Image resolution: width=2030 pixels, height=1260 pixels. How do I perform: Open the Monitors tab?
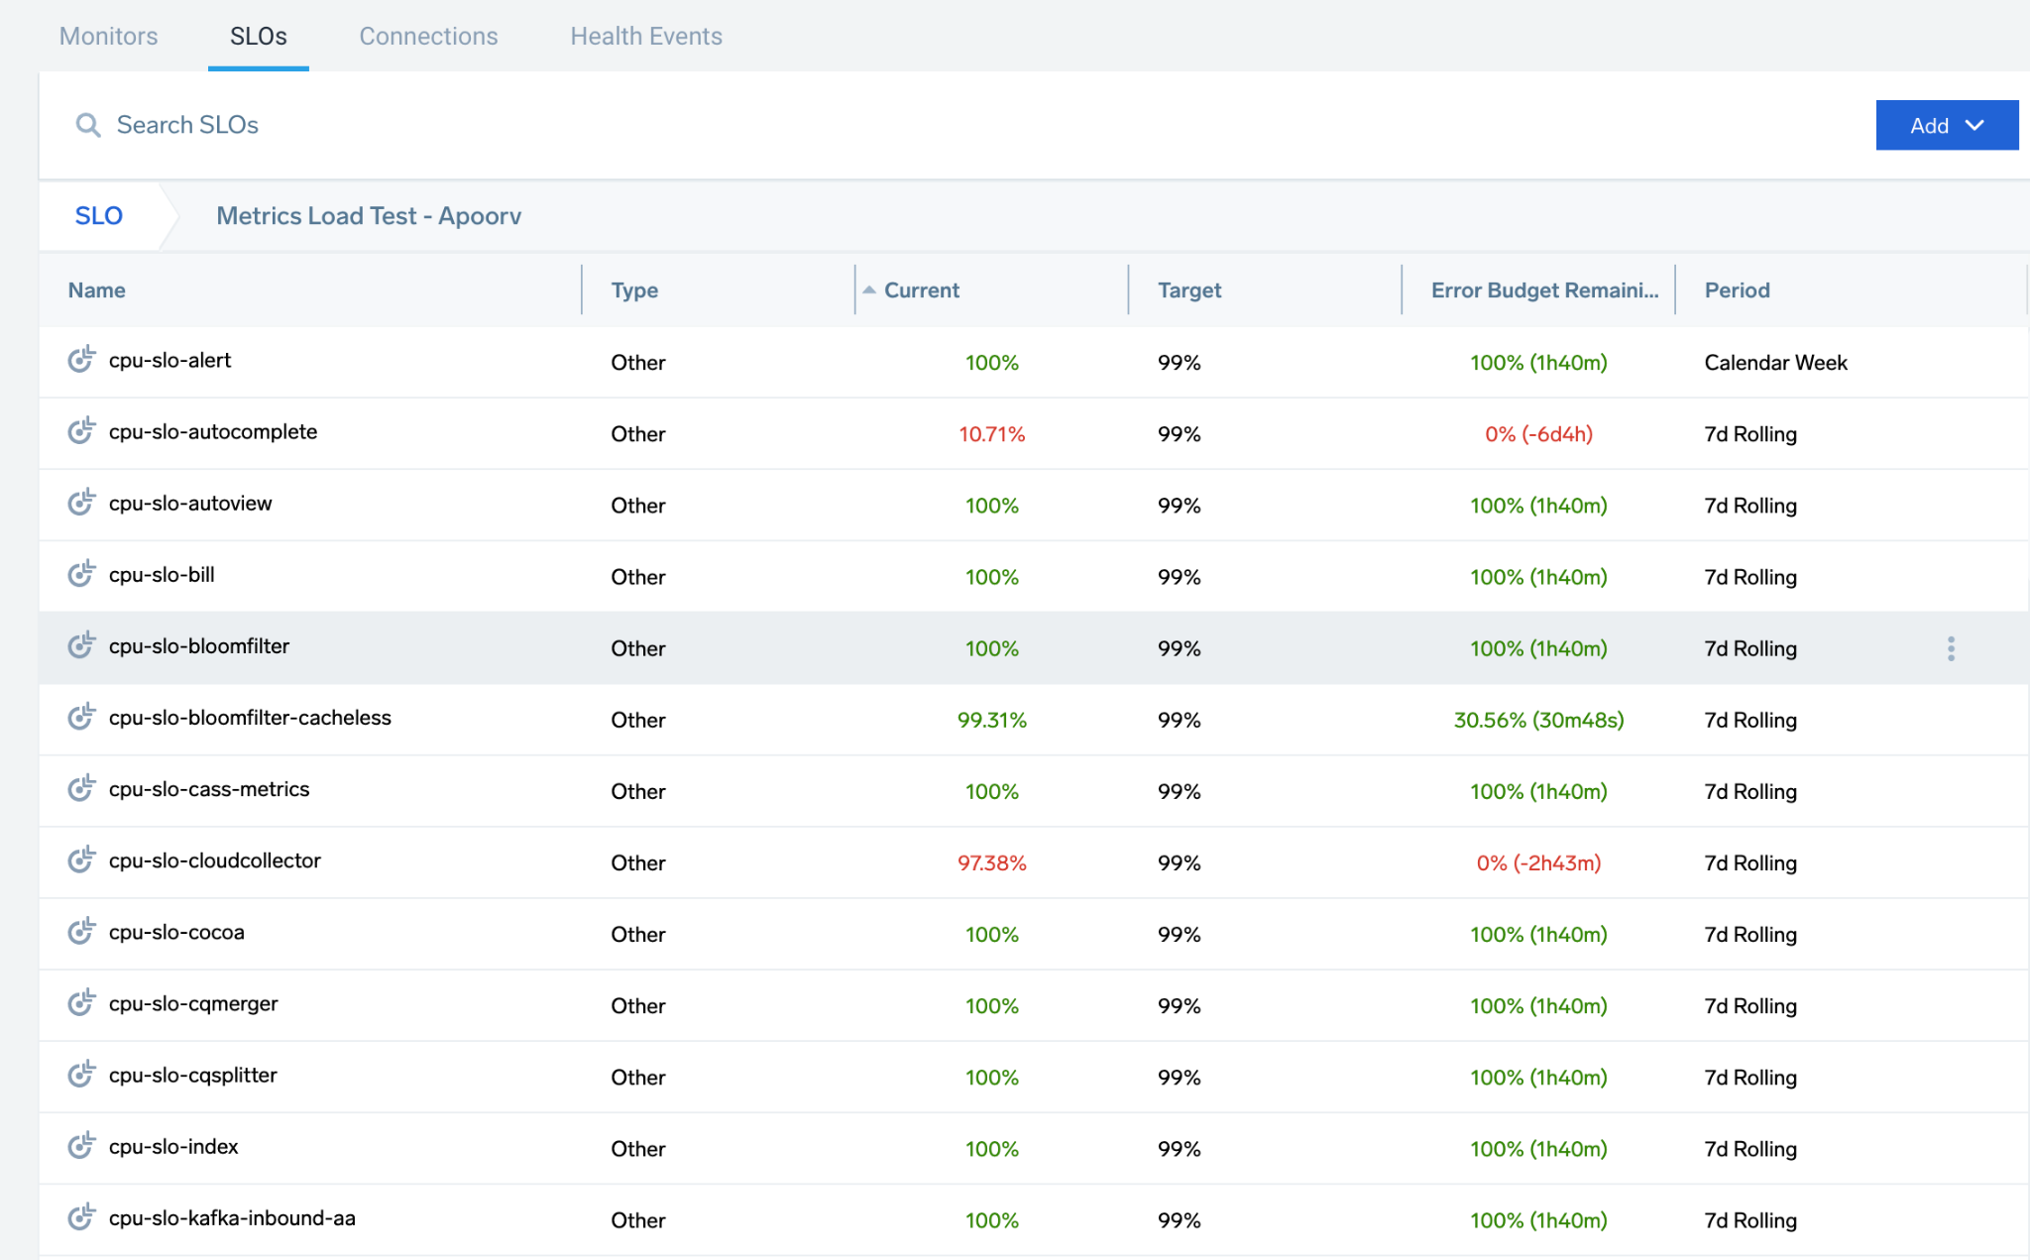tap(108, 37)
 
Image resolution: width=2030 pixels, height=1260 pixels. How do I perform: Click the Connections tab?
tap(428, 37)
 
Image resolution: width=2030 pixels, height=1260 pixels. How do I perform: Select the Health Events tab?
tap(645, 37)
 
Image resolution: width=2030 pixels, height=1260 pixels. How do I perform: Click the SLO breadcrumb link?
tap(98, 216)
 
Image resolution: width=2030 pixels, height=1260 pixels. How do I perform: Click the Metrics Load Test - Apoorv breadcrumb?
tap(369, 216)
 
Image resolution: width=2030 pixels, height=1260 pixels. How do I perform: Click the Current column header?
tap(921, 290)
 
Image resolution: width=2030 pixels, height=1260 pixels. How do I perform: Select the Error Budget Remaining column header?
tap(1543, 290)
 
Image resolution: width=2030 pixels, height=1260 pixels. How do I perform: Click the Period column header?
tap(1737, 290)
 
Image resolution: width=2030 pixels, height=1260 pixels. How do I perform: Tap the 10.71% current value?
tap(991, 434)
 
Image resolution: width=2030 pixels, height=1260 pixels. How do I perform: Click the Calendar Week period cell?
tap(1775, 363)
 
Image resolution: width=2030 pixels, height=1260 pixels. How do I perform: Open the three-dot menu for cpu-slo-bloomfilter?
tap(1951, 648)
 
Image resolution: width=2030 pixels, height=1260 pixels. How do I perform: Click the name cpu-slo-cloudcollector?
tap(214, 860)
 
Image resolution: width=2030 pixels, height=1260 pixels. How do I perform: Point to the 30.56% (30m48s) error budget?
tap(1538, 720)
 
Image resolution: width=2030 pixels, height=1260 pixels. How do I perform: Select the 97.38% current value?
tap(991, 862)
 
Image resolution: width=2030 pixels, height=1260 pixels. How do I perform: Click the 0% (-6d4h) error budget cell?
tap(1538, 434)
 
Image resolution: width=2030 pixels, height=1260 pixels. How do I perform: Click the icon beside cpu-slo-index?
tap(81, 1146)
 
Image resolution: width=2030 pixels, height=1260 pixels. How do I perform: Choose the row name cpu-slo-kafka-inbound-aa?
tap(232, 1218)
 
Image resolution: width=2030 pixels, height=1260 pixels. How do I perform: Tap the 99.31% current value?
tap(991, 720)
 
